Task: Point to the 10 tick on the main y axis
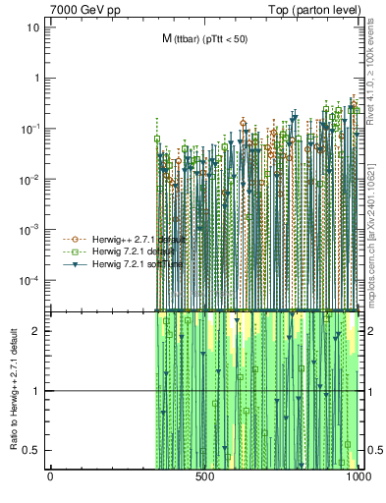tap(32, 27)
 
